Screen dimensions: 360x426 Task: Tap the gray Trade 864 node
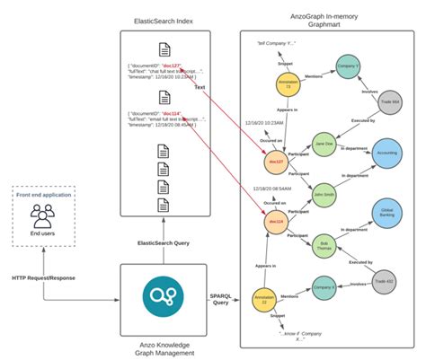[x=390, y=101]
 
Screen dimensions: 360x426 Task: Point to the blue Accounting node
[x=386, y=153]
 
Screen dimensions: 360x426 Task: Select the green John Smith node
[x=324, y=194]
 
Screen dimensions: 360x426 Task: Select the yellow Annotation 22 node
[x=261, y=299]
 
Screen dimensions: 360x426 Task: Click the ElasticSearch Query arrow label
[x=164, y=244]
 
